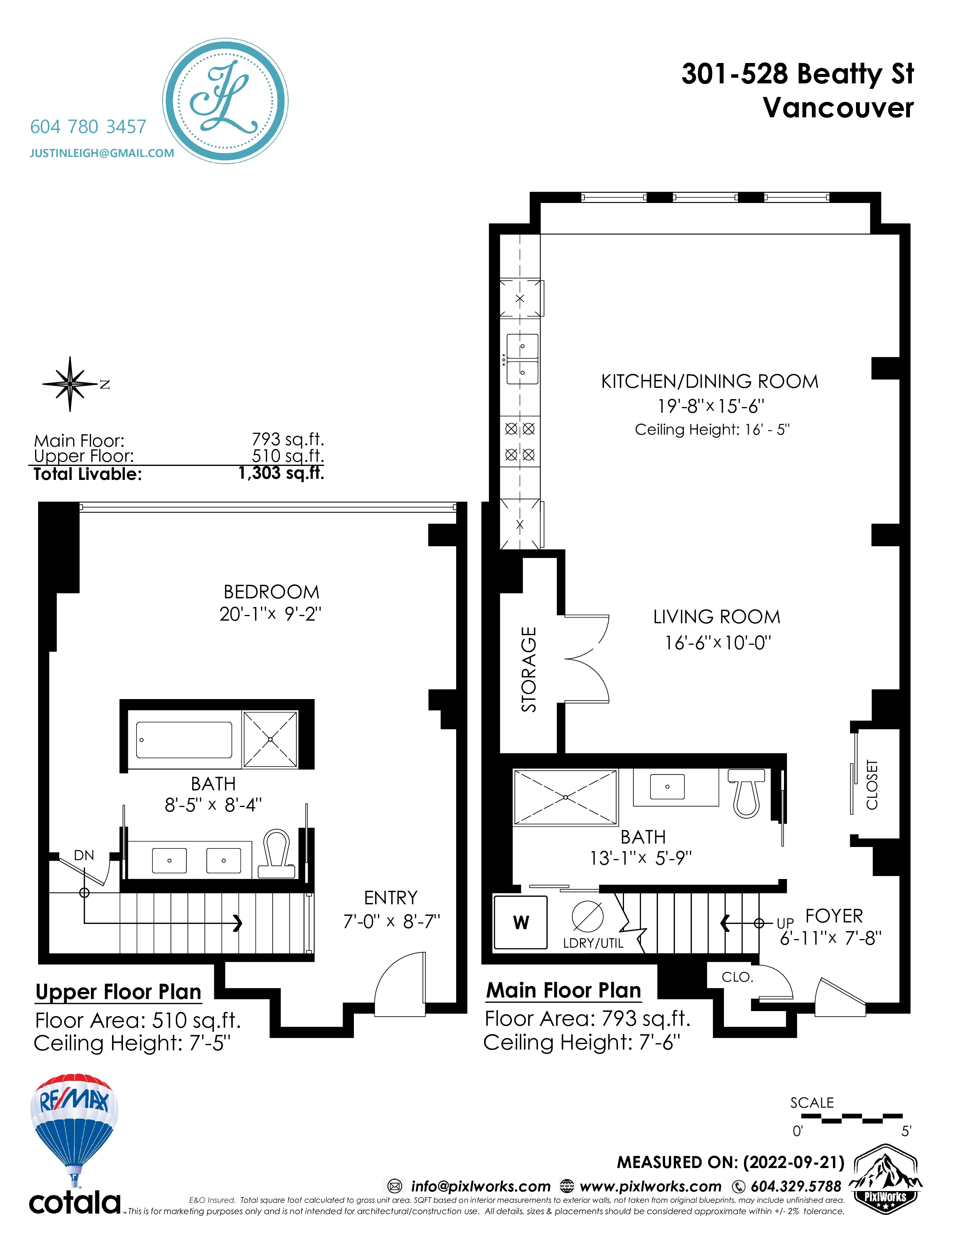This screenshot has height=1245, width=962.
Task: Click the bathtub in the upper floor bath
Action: coord(184,740)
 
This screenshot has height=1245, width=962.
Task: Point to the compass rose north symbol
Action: coord(71,384)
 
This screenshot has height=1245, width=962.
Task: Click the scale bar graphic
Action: coord(851,1119)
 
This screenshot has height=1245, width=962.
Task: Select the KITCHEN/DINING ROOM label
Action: coord(710,381)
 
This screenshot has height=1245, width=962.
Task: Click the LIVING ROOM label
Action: coord(716,617)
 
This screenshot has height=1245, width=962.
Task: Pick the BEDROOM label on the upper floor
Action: coord(271,592)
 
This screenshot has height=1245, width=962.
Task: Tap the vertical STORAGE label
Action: coord(529,669)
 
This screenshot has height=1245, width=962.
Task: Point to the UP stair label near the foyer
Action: coord(785,923)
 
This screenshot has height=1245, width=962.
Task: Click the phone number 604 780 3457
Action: coord(88,126)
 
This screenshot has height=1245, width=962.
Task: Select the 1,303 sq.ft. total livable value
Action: coord(281,473)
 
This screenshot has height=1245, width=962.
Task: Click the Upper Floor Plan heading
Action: coord(118,992)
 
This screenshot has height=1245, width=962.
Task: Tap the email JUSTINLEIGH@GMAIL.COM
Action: coord(102,153)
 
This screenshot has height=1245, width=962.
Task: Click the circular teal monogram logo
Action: coord(225,101)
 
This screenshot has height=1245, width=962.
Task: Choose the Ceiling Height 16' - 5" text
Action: coord(712,429)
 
